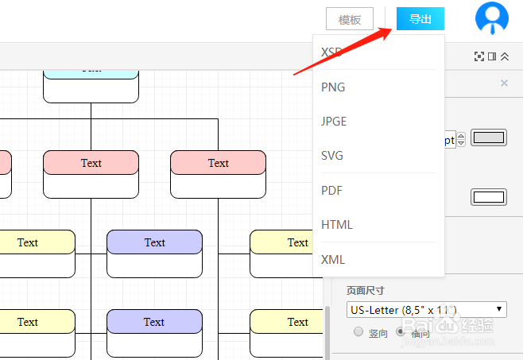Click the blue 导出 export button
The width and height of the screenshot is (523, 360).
pos(420,19)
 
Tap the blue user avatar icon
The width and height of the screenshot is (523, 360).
pos(491,18)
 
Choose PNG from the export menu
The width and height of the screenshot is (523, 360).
pos(333,87)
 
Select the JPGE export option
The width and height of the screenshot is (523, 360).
pos(334,122)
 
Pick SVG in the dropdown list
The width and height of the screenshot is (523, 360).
pos(332,156)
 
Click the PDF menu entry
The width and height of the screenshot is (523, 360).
pos(331,191)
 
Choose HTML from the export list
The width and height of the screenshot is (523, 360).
pos(337,225)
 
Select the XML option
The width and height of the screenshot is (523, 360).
pos(333,259)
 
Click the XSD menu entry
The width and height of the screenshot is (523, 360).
pos(331,52)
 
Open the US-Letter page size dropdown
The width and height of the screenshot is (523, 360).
pos(427,309)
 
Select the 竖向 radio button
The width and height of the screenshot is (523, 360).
pos(358,332)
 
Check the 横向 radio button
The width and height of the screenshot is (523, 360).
pos(401,332)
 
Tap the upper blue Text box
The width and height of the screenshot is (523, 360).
pos(154,242)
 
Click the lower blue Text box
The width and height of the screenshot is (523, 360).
pos(154,322)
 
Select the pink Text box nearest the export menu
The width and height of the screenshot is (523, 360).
pos(218,163)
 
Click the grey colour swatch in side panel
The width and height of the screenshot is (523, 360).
pos(489,137)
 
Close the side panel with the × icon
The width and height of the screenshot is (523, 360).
pos(504,83)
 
